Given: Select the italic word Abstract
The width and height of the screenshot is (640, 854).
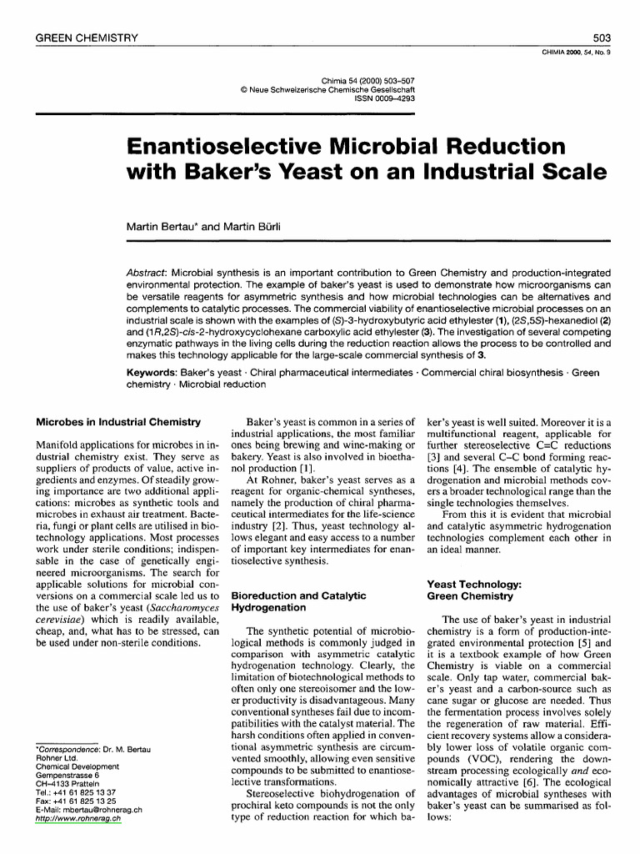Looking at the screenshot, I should coord(143,274).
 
